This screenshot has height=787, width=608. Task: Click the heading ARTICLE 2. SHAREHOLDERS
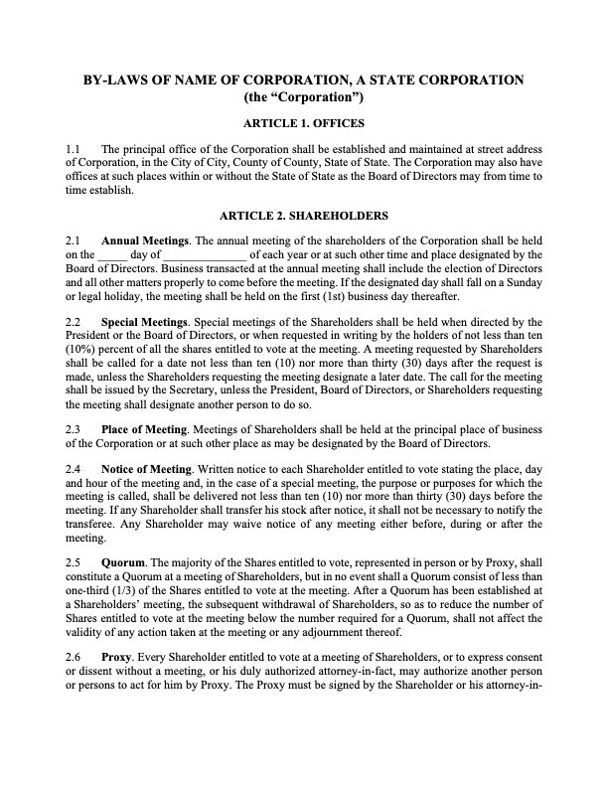pyautogui.click(x=304, y=215)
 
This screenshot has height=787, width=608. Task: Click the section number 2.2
pyautogui.click(x=74, y=323)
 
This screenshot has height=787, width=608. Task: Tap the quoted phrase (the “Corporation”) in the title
pyautogui.click(x=304, y=97)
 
